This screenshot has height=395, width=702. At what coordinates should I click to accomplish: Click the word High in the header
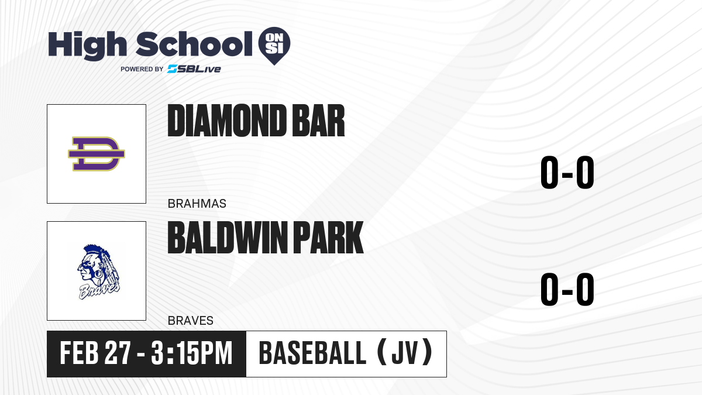pyautogui.click(x=87, y=46)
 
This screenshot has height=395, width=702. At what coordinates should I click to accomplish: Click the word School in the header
pyautogui.click(x=194, y=44)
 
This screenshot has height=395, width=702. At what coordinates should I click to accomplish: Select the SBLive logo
pyautogui.click(x=194, y=69)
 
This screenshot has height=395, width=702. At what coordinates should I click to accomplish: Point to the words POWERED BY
pyautogui.click(x=142, y=69)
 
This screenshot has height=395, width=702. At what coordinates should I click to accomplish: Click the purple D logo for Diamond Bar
pyautogui.click(x=97, y=154)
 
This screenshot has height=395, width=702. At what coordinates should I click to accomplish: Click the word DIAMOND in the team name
pyautogui.click(x=227, y=121)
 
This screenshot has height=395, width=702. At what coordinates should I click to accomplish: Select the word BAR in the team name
pyautogui.click(x=318, y=121)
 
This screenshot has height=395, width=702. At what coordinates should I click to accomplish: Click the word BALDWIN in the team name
pyautogui.click(x=228, y=238)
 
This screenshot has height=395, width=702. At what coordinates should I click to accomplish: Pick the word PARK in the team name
pyautogui.click(x=328, y=238)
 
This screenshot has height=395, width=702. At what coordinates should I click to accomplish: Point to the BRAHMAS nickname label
pyautogui.click(x=197, y=204)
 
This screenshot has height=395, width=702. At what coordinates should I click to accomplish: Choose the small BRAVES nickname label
pyautogui.click(x=191, y=321)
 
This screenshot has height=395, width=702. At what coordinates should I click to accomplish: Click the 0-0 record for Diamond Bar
pyautogui.click(x=567, y=172)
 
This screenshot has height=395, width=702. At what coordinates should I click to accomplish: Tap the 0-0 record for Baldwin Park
pyautogui.click(x=567, y=289)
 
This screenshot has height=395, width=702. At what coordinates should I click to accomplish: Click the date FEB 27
pyautogui.click(x=95, y=353)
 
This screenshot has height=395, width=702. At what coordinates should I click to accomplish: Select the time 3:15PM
pyautogui.click(x=192, y=353)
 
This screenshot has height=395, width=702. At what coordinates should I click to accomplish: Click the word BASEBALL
pyautogui.click(x=312, y=353)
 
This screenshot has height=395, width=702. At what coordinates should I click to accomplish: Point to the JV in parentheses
pyautogui.click(x=405, y=353)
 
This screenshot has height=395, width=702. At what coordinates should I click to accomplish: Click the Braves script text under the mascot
pyautogui.click(x=99, y=291)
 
